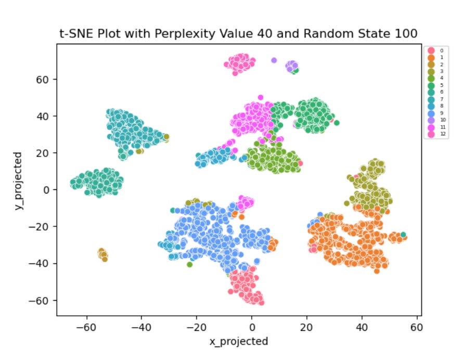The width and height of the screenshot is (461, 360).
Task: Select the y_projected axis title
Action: point(18,180)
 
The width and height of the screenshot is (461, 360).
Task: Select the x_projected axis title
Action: point(238,342)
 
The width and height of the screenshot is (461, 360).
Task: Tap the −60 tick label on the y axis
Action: point(42,301)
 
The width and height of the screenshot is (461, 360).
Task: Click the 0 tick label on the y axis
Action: point(48,190)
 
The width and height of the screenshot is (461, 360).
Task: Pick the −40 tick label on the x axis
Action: point(142,328)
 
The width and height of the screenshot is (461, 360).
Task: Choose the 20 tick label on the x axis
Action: point(307,328)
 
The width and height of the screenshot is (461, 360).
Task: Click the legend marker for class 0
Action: point(430,50)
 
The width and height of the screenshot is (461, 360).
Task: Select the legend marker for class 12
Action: point(430,134)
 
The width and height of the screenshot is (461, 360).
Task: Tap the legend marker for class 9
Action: point(430,113)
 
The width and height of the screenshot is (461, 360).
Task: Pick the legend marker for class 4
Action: point(430,78)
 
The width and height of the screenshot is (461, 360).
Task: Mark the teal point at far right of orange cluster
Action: point(403,235)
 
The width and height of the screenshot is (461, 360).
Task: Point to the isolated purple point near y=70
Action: point(274,60)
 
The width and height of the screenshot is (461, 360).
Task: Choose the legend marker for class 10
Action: point(430,120)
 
